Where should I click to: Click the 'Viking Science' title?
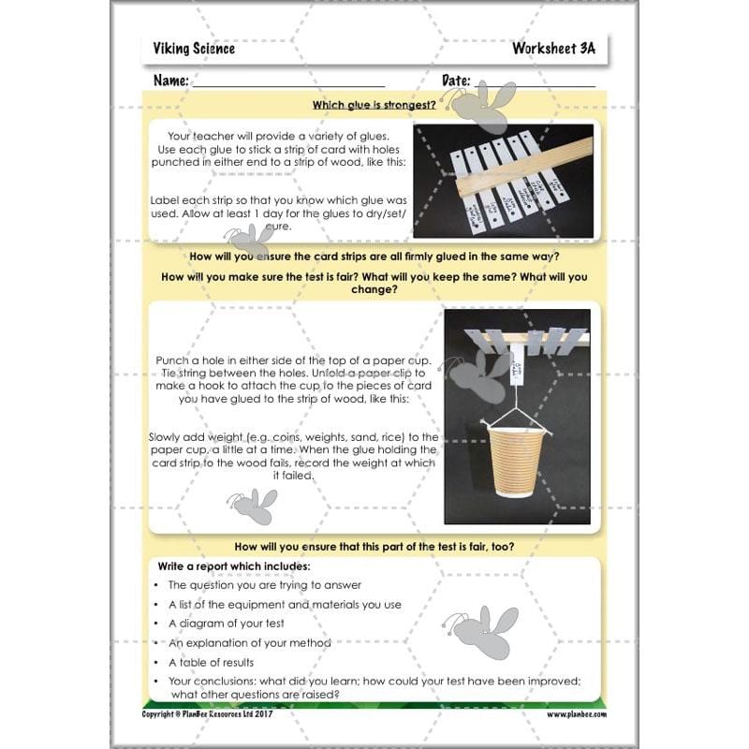[x=194, y=49]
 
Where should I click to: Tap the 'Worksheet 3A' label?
[x=553, y=49]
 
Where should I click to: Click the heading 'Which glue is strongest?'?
[x=374, y=106]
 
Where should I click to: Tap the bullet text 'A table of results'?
[x=211, y=663]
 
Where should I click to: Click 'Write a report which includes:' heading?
[x=233, y=566]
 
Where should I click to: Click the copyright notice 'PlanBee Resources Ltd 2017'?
[x=212, y=714]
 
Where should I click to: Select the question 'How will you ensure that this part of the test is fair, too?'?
[x=374, y=546]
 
